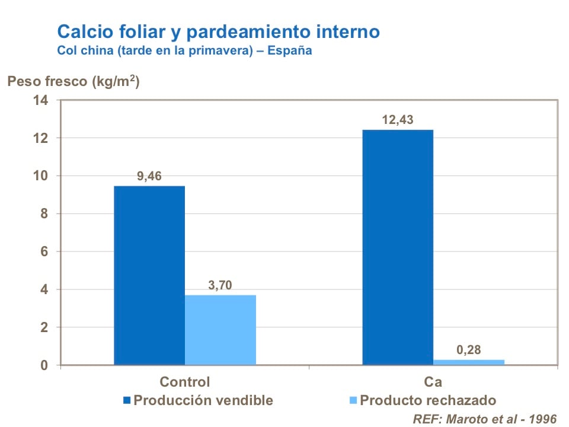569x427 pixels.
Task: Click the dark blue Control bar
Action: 149,275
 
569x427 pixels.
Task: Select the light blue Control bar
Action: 220,330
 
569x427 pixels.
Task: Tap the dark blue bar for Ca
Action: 398,247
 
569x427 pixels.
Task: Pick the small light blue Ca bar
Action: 469,362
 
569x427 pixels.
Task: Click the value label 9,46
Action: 149,176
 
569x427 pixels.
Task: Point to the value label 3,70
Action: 220,285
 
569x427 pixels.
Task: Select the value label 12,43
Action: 398,120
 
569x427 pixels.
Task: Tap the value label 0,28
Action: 469,350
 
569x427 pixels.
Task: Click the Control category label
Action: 185,381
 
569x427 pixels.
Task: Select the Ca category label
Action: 433,381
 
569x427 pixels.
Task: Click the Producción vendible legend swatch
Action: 127,400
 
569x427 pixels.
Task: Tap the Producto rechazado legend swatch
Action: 353,400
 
